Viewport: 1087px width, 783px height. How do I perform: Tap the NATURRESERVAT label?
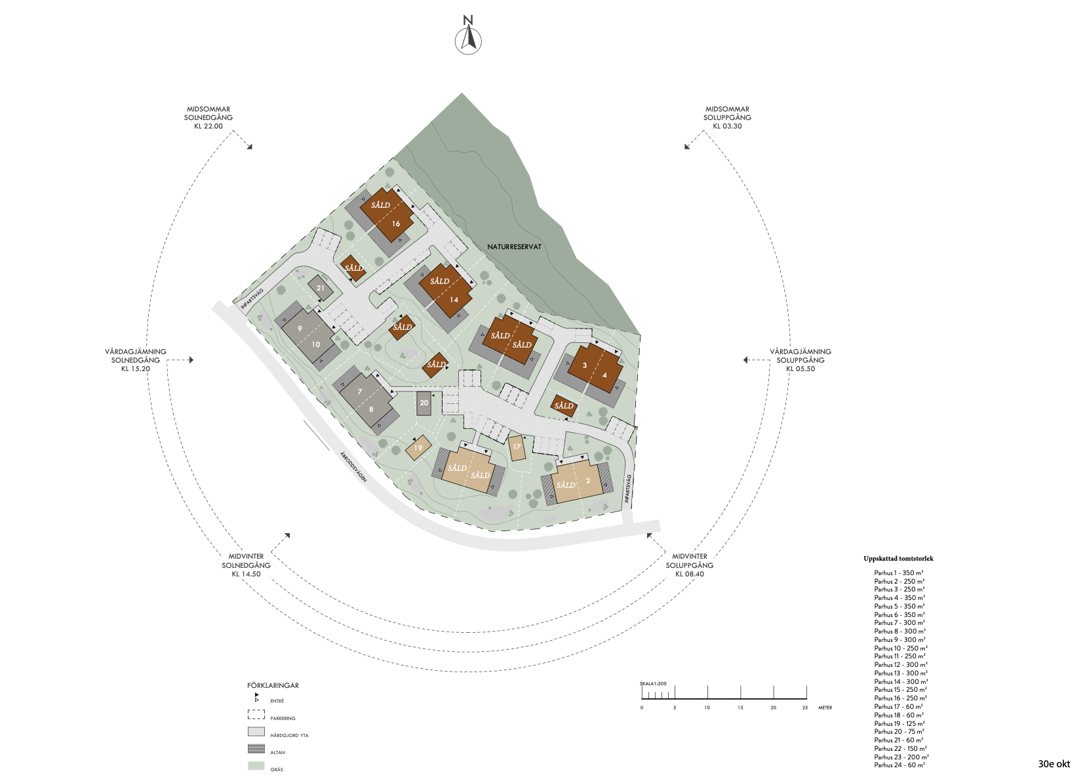click(515, 247)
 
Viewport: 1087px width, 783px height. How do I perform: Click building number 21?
click(321, 288)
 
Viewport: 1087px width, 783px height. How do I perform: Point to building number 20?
click(424, 403)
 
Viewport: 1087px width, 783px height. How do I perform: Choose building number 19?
click(418, 447)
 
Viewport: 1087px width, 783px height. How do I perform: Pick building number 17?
click(517, 447)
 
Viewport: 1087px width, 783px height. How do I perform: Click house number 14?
click(445, 291)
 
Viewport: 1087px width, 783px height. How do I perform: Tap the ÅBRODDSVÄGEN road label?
click(353, 466)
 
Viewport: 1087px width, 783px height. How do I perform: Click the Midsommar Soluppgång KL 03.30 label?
click(727, 117)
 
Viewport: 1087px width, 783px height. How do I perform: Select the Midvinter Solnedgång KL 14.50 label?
click(246, 565)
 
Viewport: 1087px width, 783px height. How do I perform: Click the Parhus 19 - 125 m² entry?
click(899, 723)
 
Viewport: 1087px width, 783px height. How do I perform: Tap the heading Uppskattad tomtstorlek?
click(898, 559)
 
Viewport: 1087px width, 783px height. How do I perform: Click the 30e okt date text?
click(1054, 763)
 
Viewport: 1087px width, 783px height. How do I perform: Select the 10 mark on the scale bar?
click(707, 708)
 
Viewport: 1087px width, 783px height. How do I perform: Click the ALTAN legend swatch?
click(256, 749)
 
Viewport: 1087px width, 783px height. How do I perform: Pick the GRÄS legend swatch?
click(256, 766)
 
